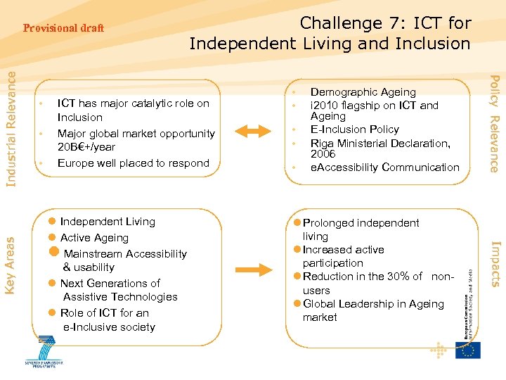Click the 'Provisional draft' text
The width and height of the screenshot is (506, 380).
[x=63, y=28]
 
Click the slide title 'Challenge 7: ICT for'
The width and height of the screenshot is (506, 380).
[x=385, y=23]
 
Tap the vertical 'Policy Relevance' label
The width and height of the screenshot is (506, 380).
[x=494, y=123]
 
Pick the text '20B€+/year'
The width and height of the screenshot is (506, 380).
[x=86, y=147]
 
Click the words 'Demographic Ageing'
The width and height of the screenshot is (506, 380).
[x=363, y=92]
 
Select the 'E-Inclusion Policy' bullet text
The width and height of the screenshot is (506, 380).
[x=354, y=129]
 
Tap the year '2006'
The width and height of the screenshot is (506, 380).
[x=323, y=154]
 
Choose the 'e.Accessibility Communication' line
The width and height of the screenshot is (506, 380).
[x=384, y=167]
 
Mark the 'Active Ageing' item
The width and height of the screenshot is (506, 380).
[x=94, y=238]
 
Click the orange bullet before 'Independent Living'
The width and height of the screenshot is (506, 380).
[x=52, y=222]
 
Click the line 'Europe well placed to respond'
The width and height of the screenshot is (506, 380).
[x=133, y=163]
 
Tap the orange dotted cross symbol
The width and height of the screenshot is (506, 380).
[x=438, y=350]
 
